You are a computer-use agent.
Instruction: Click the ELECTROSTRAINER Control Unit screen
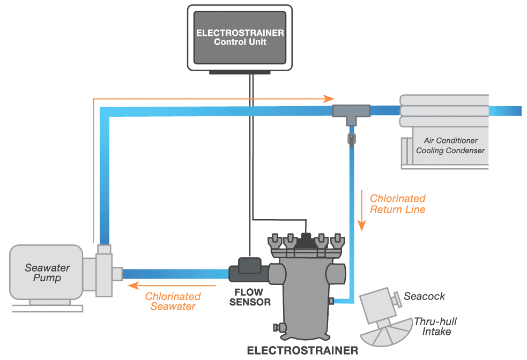(240, 37)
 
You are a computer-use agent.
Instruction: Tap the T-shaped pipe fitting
(351, 111)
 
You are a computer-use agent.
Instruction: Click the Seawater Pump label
(47, 273)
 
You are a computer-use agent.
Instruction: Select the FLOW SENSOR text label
(250, 297)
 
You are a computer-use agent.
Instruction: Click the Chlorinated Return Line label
(397, 204)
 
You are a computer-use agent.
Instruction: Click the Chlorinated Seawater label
(173, 301)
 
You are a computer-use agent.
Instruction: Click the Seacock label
(424, 296)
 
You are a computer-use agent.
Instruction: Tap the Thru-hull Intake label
(435, 327)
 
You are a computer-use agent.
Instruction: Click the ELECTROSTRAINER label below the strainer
(302, 351)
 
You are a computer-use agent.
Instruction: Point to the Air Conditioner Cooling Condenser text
(450, 146)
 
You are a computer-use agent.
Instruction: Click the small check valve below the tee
(351, 139)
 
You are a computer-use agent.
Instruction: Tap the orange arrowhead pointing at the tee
(328, 99)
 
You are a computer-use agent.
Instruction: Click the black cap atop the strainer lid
(306, 237)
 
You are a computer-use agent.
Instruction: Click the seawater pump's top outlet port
(104, 249)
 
